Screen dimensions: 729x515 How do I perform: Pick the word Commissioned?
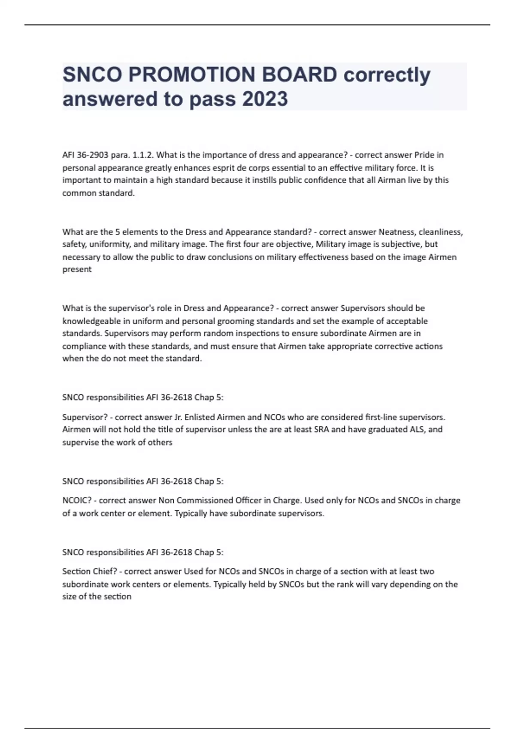click(205, 500)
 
